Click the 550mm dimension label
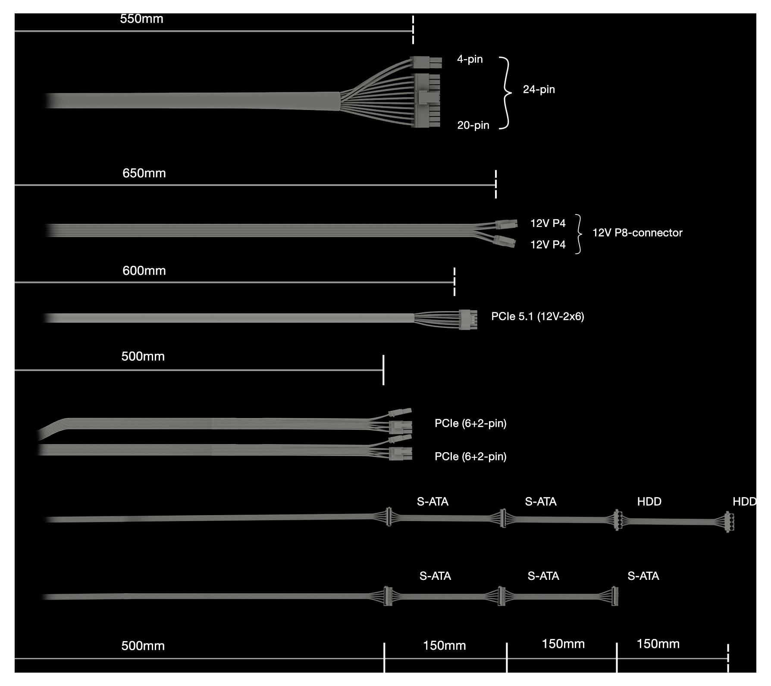click(x=141, y=19)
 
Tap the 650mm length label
click(x=144, y=173)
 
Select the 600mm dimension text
click(x=144, y=271)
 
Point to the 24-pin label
click(x=539, y=90)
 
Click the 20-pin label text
click(x=473, y=126)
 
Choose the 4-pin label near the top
click(x=470, y=60)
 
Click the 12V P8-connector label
click(x=637, y=233)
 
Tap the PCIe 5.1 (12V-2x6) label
click(x=537, y=317)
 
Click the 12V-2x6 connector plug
click(x=468, y=320)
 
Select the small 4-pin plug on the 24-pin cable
click(x=426, y=63)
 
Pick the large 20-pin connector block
click(x=428, y=101)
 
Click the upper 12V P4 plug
click(x=506, y=224)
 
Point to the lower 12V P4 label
click(x=548, y=245)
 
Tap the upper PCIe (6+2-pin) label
click(x=470, y=424)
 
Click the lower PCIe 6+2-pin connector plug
click(x=401, y=454)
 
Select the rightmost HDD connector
click(x=729, y=521)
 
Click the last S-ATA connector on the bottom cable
click(x=615, y=596)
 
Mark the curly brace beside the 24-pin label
click(x=505, y=93)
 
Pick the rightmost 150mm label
click(x=658, y=644)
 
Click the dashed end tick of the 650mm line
click(x=496, y=184)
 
